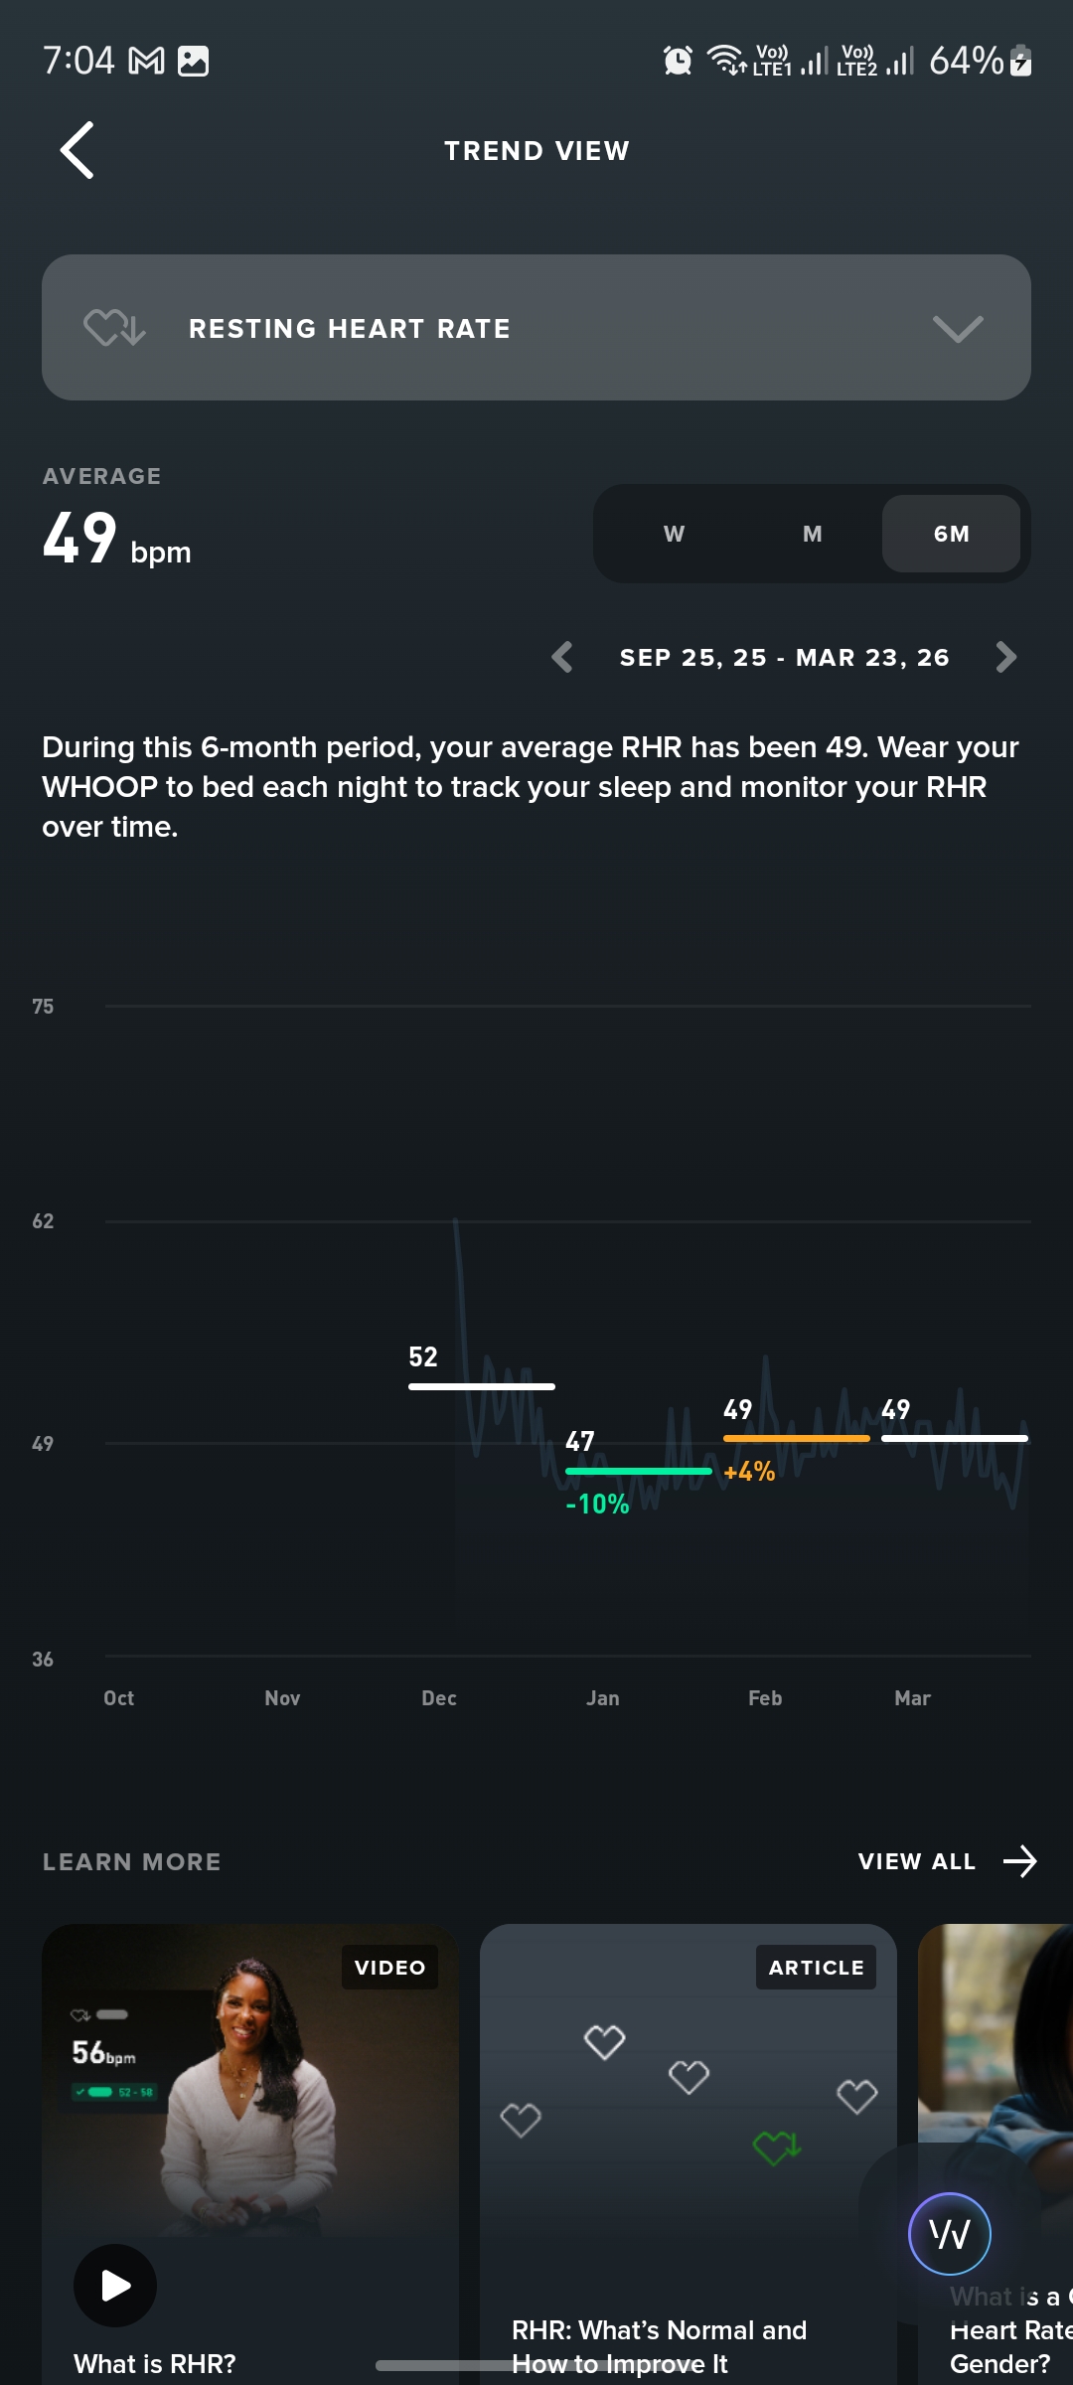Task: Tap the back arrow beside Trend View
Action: click(x=77, y=151)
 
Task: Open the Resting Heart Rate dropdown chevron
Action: click(x=958, y=329)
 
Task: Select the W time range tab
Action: click(x=674, y=534)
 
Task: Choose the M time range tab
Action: click(x=812, y=534)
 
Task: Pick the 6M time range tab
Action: click(x=951, y=534)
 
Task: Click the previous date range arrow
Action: click(x=562, y=657)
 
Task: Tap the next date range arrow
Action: click(x=1005, y=657)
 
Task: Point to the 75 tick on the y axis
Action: click(x=43, y=1007)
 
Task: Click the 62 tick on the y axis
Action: click(x=43, y=1221)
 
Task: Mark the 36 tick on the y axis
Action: click(x=43, y=1660)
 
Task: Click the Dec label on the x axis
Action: click(x=439, y=1698)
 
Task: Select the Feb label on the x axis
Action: click(x=765, y=1698)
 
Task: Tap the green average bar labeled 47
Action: click(x=638, y=1471)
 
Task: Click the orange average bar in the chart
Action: click(x=796, y=1438)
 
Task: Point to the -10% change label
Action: click(x=597, y=1505)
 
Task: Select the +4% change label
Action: click(x=749, y=1472)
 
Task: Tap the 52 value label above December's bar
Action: click(x=423, y=1356)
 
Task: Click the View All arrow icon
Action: click(x=1020, y=1861)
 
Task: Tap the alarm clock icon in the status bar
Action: click(x=678, y=61)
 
